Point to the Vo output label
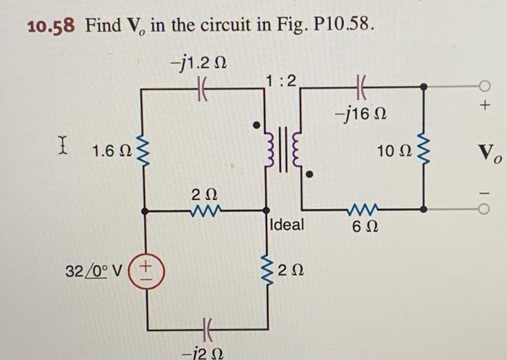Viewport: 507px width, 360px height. [487, 153]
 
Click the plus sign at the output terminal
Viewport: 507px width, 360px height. [487, 106]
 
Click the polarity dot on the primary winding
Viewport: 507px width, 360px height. [255, 126]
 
